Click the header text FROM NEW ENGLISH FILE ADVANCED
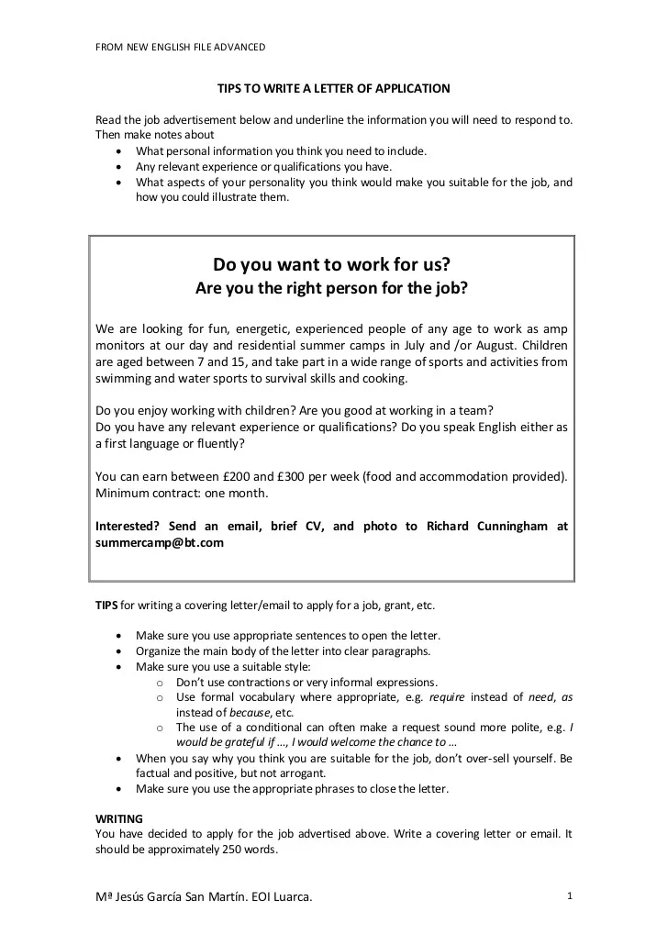click(181, 47)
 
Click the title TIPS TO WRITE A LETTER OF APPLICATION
click(333, 89)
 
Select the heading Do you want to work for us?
click(331, 265)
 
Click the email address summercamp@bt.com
click(160, 543)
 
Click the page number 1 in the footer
click(570, 895)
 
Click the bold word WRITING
click(119, 817)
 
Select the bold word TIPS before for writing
click(106, 606)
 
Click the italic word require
click(447, 697)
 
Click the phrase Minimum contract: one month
click(182, 493)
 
